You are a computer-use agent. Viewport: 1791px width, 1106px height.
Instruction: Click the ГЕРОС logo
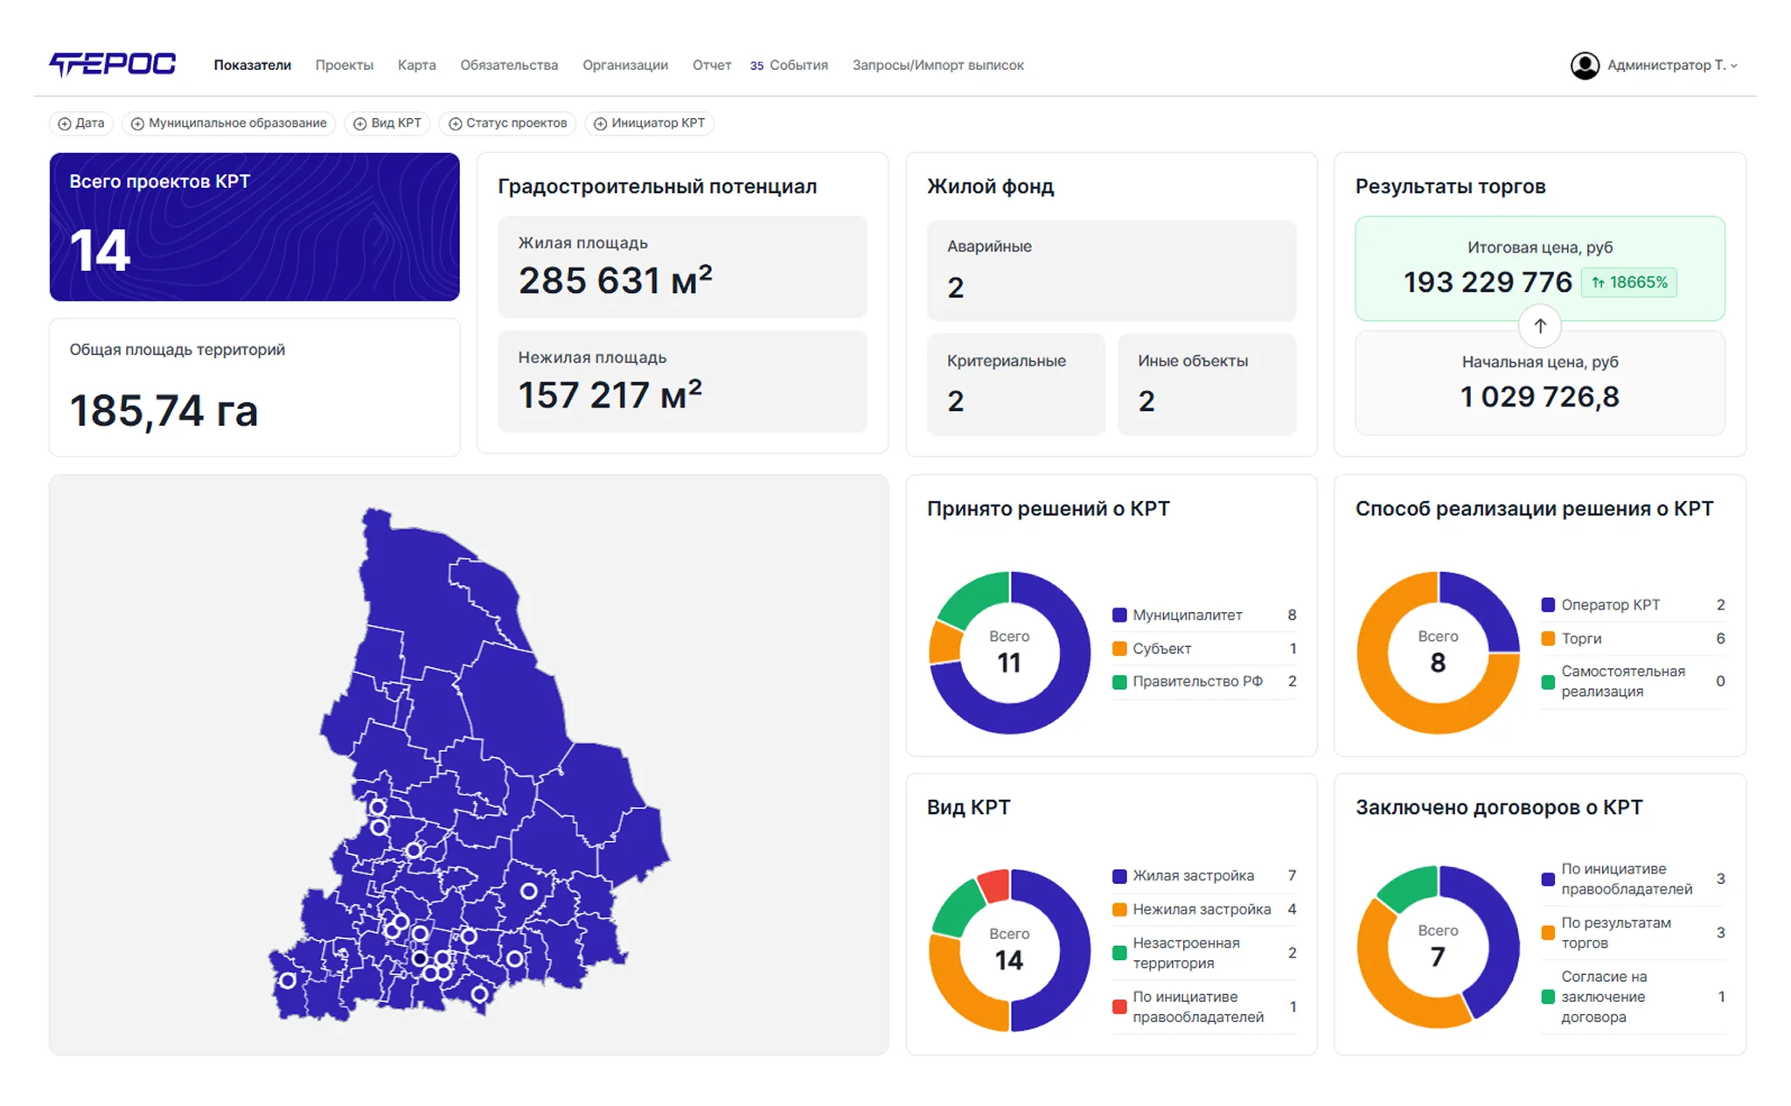pyautogui.click(x=113, y=65)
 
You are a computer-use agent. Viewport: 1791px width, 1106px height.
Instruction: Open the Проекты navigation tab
pyautogui.click(x=344, y=66)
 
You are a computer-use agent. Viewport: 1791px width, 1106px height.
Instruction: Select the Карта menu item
pyautogui.click(x=416, y=66)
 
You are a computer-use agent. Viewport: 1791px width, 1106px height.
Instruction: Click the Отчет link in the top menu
pyautogui.click(x=711, y=66)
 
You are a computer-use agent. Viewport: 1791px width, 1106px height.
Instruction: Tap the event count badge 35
pyautogui.click(x=756, y=66)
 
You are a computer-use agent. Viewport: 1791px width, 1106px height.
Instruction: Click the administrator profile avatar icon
pyautogui.click(x=1585, y=66)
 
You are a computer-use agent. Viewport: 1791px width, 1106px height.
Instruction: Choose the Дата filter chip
pyautogui.click(x=80, y=123)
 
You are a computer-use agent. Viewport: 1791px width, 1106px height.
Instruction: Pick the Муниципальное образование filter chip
pyautogui.click(x=229, y=123)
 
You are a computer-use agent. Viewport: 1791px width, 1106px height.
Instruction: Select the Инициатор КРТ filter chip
pyautogui.click(x=650, y=123)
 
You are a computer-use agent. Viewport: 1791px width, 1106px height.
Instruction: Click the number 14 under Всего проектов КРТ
pyautogui.click(x=100, y=251)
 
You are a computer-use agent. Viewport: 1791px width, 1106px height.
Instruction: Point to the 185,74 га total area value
pyautogui.click(x=164, y=411)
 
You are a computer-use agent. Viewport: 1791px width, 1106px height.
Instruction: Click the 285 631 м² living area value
pyautogui.click(x=615, y=280)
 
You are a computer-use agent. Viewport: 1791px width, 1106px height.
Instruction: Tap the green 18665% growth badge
pyautogui.click(x=1628, y=282)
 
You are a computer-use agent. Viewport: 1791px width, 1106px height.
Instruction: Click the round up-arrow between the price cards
pyautogui.click(x=1540, y=326)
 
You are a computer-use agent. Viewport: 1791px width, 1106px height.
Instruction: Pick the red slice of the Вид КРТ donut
pyautogui.click(x=995, y=885)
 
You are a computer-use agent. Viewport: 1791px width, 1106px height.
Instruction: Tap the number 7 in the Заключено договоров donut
pyautogui.click(x=1438, y=957)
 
